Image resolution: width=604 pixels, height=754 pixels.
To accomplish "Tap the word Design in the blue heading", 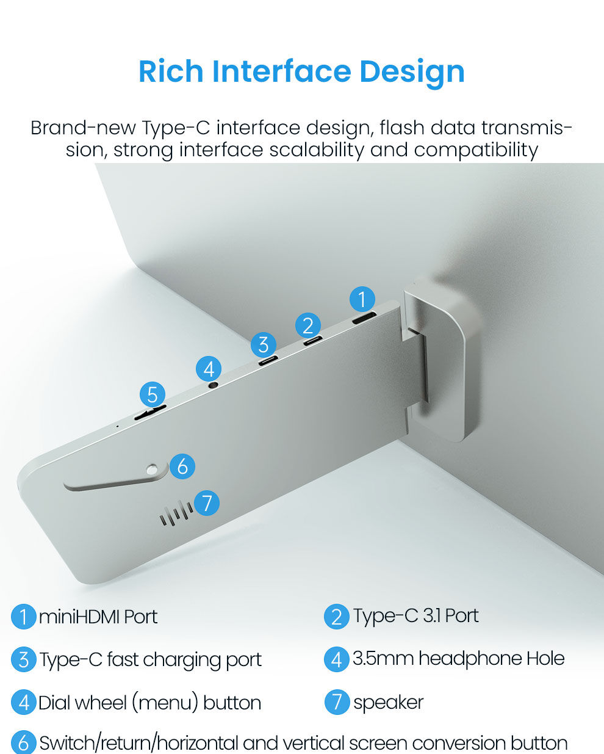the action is [412, 74].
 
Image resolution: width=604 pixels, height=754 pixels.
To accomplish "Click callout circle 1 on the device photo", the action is [362, 299].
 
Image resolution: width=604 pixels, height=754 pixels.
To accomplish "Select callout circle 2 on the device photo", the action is [308, 325].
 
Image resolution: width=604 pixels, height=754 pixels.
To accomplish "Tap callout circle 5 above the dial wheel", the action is [153, 394].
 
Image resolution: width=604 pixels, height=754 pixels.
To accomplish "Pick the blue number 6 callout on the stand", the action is [182, 466].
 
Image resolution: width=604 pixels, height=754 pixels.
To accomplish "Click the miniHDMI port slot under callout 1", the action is [364, 317].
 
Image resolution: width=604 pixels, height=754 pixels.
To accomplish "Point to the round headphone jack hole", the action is [214, 385].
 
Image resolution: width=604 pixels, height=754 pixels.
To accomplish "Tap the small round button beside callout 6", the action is [152, 469].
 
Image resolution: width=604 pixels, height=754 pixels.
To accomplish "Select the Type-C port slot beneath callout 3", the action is [268, 361].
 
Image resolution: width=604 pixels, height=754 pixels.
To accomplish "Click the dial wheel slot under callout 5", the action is [150, 413].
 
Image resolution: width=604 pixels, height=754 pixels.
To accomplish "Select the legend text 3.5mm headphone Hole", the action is [458, 659].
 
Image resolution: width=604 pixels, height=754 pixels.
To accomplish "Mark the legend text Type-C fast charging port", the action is [151, 661].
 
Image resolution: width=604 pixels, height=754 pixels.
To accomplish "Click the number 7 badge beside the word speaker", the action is [337, 701].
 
